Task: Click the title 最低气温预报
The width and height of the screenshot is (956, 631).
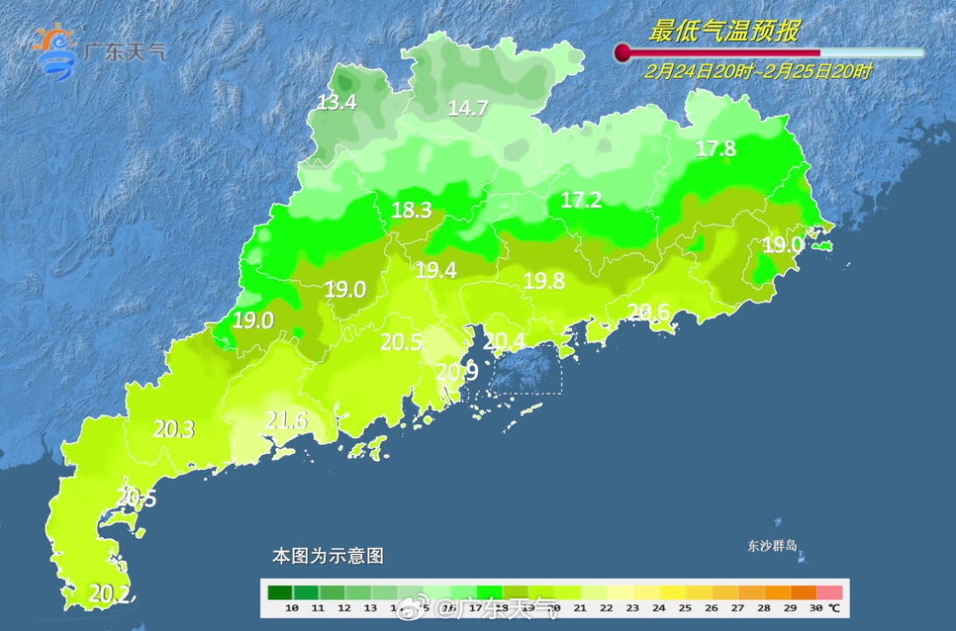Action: (x=723, y=32)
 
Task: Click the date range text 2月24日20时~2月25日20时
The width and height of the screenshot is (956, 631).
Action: (x=758, y=72)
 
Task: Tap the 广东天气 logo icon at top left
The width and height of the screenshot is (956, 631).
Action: (x=55, y=51)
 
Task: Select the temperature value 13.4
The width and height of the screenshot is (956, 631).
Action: (x=336, y=103)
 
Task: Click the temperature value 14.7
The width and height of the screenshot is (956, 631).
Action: (x=467, y=109)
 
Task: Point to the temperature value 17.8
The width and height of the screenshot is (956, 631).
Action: (x=715, y=149)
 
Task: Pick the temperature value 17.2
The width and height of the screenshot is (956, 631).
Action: (x=581, y=201)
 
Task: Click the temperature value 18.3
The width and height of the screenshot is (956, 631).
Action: (x=412, y=211)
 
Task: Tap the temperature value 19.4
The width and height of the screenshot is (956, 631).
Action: (x=436, y=271)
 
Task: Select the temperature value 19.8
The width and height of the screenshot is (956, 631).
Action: (x=544, y=281)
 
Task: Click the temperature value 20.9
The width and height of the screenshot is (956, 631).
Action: (x=458, y=373)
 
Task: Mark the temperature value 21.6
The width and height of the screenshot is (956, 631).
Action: (x=287, y=421)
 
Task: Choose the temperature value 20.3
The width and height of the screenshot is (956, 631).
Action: (x=173, y=429)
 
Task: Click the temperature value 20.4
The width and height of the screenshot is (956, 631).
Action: (x=505, y=341)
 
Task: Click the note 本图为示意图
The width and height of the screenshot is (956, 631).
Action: (x=328, y=557)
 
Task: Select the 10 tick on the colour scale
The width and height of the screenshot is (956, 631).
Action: (x=291, y=608)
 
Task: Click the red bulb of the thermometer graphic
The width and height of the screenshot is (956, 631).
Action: (x=623, y=53)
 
